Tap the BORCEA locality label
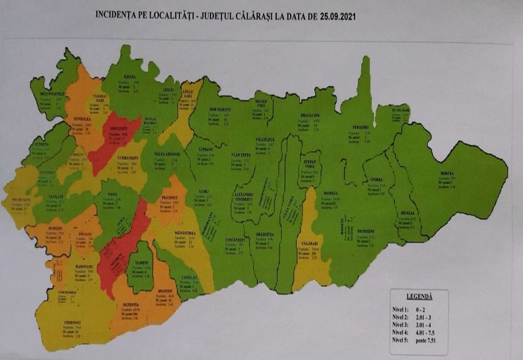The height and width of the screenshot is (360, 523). pos(446,173)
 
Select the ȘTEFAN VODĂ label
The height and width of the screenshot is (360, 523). pos(311,165)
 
